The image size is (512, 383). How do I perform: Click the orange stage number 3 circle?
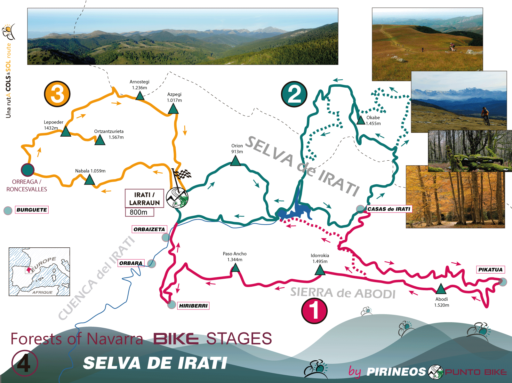pyautogui.click(x=57, y=94)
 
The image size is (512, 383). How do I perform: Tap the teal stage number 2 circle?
pyautogui.click(x=294, y=94)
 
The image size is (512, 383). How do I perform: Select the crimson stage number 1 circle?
pyautogui.click(x=314, y=310)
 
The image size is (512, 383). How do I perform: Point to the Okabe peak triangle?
pyautogui.click(x=361, y=120)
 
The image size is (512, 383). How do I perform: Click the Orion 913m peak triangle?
pyautogui.click(x=236, y=161)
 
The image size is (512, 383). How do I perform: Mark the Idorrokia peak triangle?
pyautogui.click(x=320, y=270)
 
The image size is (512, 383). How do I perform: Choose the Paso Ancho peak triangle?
pyautogui.click(x=235, y=267)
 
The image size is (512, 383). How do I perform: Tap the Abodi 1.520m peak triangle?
pyautogui.click(x=441, y=289)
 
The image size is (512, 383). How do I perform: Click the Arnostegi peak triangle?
pyautogui.click(x=140, y=96)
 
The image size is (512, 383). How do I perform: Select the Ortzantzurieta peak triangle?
pyautogui.click(x=100, y=140)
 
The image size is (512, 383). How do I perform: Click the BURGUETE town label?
pyautogui.click(x=32, y=210)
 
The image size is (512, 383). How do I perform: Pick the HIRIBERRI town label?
pyautogui.click(x=193, y=306)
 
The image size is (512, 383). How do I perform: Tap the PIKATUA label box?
pyautogui.click(x=490, y=270)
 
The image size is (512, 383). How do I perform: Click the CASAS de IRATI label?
pyautogui.click(x=389, y=209)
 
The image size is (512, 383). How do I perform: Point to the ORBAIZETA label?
pyautogui.click(x=149, y=229)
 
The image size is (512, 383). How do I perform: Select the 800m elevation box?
pyautogui.click(x=139, y=212)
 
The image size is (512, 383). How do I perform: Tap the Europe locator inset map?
pyautogui.click(x=39, y=271)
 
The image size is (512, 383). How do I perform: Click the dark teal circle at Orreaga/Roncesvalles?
pyautogui.click(x=28, y=170)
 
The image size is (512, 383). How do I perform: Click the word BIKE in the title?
pyautogui.click(x=176, y=339)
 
